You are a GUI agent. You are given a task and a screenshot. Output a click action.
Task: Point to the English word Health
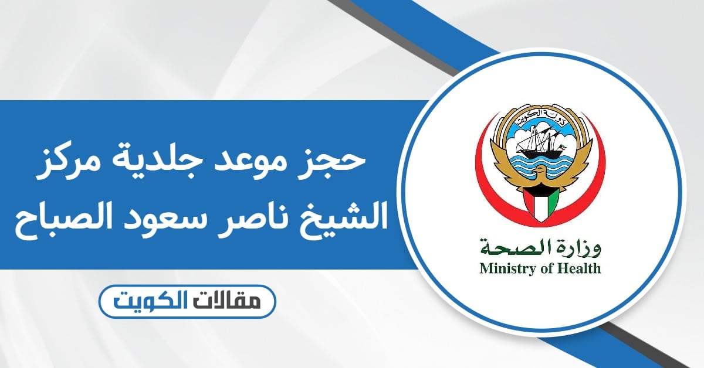click(579, 268)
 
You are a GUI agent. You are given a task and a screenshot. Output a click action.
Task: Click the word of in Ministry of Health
click(547, 268)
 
